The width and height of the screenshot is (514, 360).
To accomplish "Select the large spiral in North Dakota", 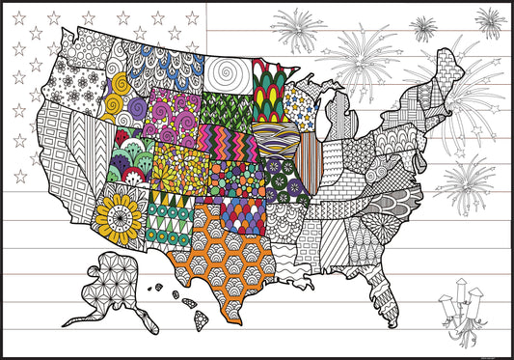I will pyautogui.click(x=228, y=72).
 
